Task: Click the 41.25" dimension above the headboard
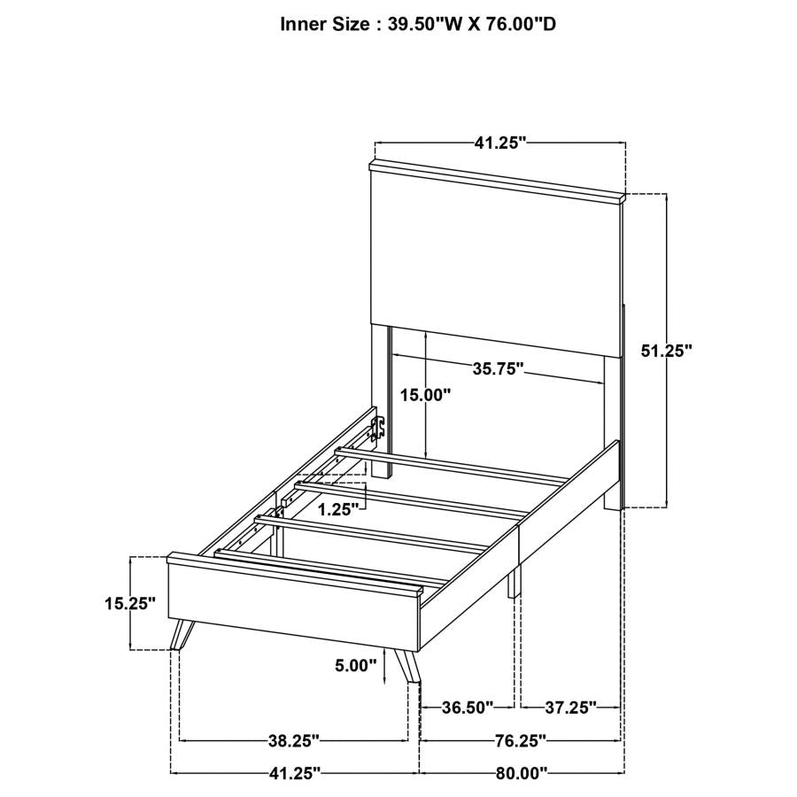(x=499, y=143)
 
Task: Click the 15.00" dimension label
(x=426, y=395)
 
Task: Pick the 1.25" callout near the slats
(x=339, y=509)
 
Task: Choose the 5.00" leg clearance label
(x=357, y=665)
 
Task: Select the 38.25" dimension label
(x=293, y=739)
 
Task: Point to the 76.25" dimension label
(x=520, y=739)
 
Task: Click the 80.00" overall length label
(x=522, y=773)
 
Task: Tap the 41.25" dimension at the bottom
(x=293, y=773)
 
